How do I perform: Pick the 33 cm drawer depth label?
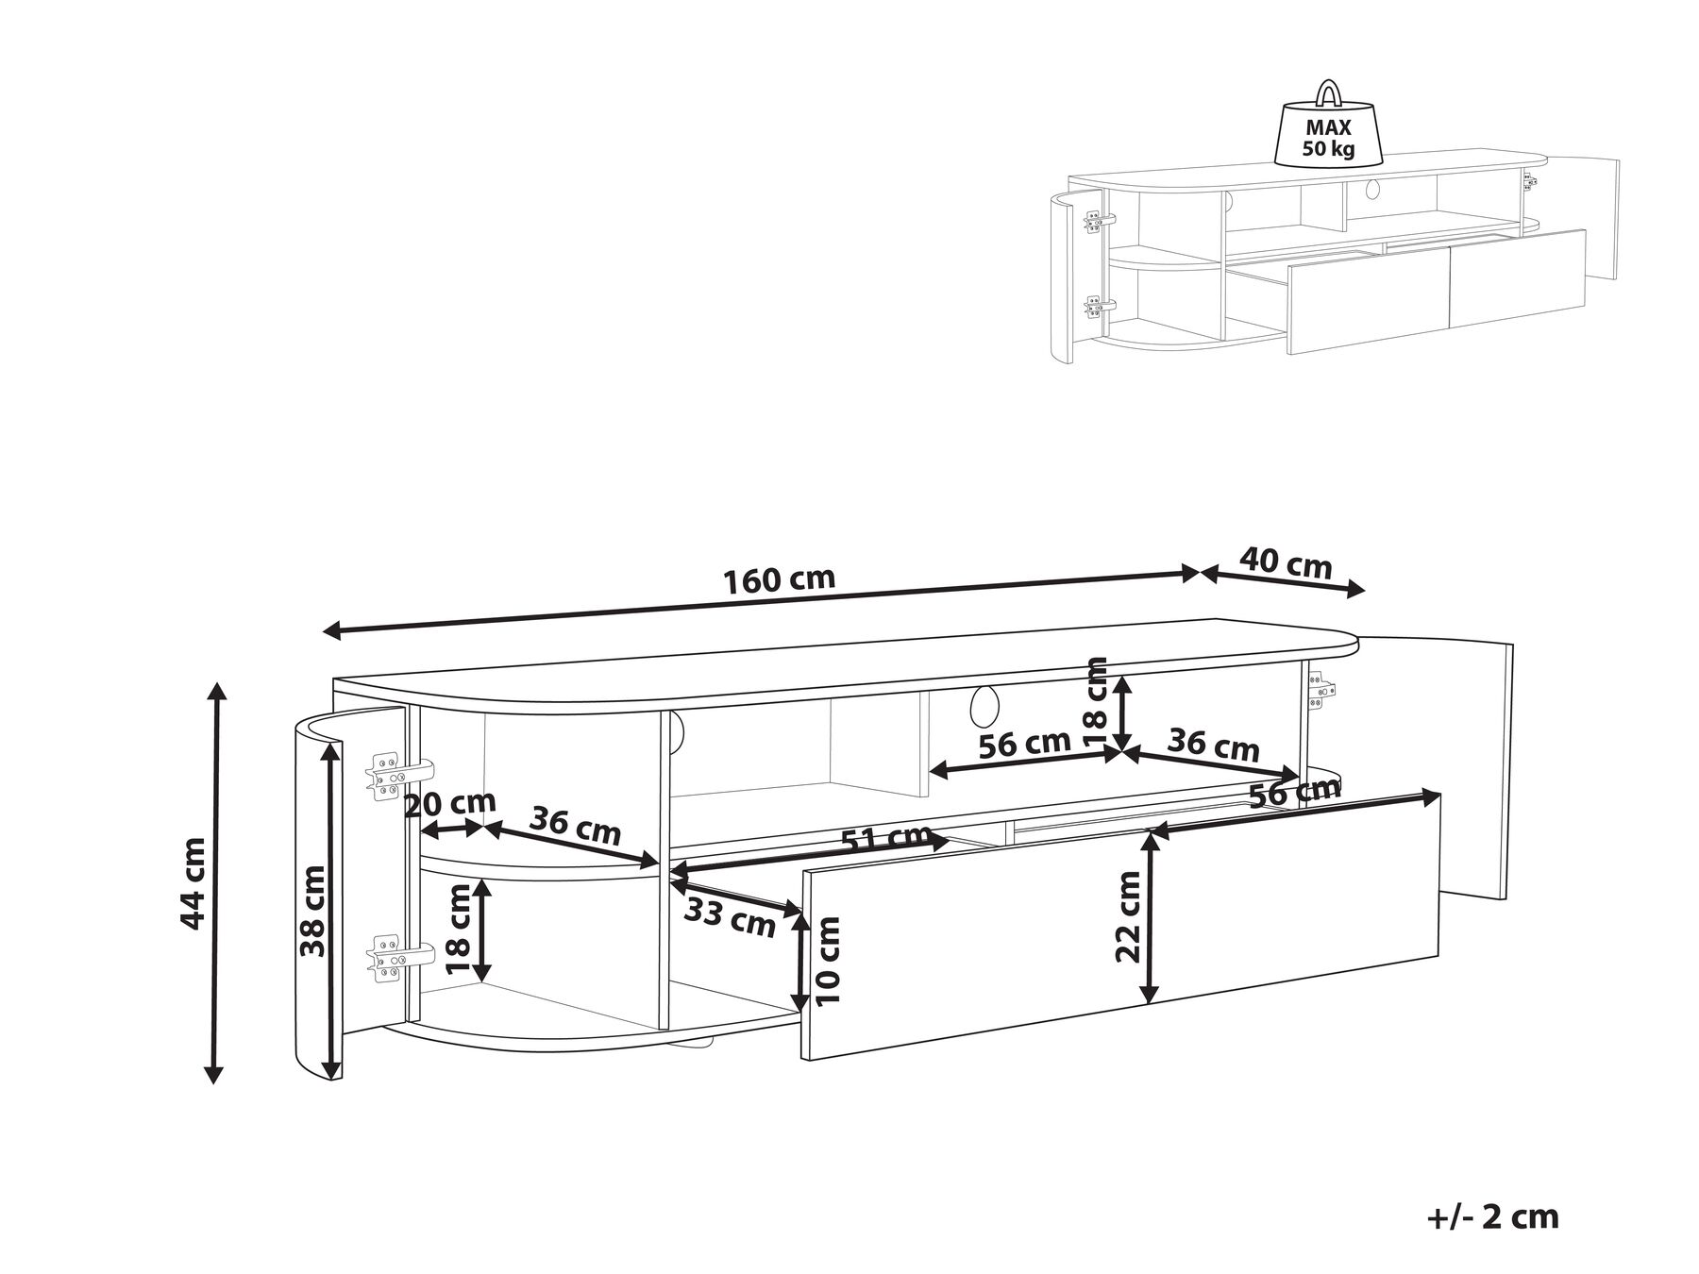(x=728, y=917)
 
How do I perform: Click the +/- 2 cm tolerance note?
(x=1492, y=1216)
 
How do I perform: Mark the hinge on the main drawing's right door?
(x=1321, y=689)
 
